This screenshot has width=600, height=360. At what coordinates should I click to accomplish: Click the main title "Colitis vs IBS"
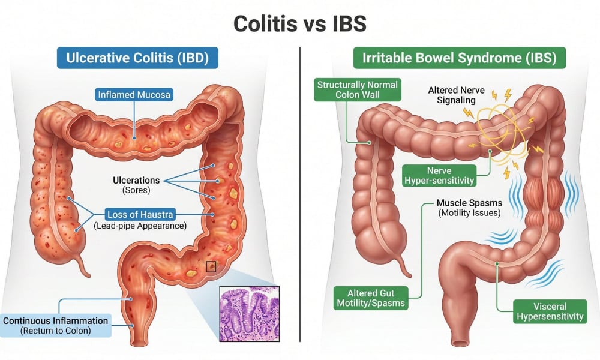[x=299, y=24]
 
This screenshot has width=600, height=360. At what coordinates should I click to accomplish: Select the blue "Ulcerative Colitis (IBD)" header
[x=137, y=58]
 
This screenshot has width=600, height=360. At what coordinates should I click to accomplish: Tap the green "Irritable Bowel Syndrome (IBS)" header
[x=459, y=58]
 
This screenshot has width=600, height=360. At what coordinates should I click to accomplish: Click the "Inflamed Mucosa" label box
[x=134, y=94]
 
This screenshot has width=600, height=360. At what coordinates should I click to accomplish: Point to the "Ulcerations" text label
[x=136, y=180]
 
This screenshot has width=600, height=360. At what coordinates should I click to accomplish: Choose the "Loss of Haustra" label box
[x=140, y=215]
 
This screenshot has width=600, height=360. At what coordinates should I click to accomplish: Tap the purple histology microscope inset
[x=250, y=314]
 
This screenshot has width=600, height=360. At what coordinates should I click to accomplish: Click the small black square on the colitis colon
[x=211, y=266]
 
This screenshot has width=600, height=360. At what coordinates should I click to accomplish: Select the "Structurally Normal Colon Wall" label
[x=358, y=89]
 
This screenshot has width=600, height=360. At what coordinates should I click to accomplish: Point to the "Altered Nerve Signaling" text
[x=456, y=95]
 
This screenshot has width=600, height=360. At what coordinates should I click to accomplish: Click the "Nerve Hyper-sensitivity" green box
[x=439, y=176]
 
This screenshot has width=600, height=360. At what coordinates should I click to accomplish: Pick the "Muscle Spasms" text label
[x=470, y=203]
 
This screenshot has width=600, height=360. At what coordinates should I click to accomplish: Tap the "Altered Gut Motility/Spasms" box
[x=371, y=298]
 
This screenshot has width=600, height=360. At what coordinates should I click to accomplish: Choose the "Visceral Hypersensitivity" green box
[x=550, y=311]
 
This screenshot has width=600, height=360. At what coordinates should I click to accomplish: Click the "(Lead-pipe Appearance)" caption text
[x=140, y=226]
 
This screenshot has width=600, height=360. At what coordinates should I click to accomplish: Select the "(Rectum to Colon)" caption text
[x=55, y=331]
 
